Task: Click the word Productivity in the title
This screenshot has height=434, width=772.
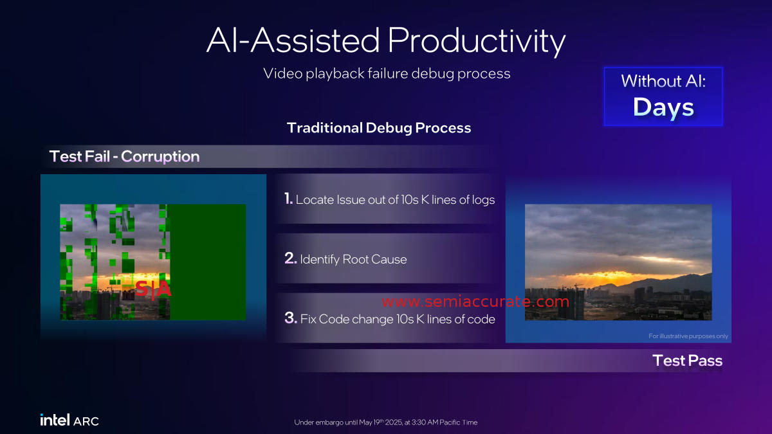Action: pyautogui.click(x=477, y=41)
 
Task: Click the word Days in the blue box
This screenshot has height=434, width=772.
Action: pyautogui.click(x=663, y=107)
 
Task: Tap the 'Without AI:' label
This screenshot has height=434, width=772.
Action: pyautogui.click(x=663, y=81)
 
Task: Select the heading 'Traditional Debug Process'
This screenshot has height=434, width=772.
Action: pyautogui.click(x=379, y=128)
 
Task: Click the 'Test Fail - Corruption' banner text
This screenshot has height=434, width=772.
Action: pyautogui.click(x=124, y=156)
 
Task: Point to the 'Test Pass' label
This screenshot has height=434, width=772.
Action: pyautogui.click(x=688, y=361)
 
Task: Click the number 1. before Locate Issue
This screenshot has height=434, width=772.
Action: pyautogui.click(x=288, y=199)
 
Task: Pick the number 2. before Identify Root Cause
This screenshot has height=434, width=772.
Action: pyautogui.click(x=291, y=258)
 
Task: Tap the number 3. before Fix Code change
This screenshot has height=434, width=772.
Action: pyautogui.click(x=291, y=318)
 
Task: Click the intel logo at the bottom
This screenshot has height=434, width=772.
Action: pyautogui.click(x=55, y=420)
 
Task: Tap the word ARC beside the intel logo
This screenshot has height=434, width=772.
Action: pyautogui.click(x=86, y=421)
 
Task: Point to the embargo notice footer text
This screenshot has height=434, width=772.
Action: pyautogui.click(x=385, y=422)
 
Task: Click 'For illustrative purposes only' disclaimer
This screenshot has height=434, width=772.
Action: pyautogui.click(x=688, y=336)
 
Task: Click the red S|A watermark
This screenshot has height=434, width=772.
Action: pyautogui.click(x=153, y=289)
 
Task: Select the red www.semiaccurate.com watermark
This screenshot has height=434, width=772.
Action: pyautogui.click(x=475, y=302)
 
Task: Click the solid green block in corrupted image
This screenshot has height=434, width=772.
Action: pyautogui.click(x=208, y=262)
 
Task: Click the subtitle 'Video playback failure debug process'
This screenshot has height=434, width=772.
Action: pyautogui.click(x=387, y=74)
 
